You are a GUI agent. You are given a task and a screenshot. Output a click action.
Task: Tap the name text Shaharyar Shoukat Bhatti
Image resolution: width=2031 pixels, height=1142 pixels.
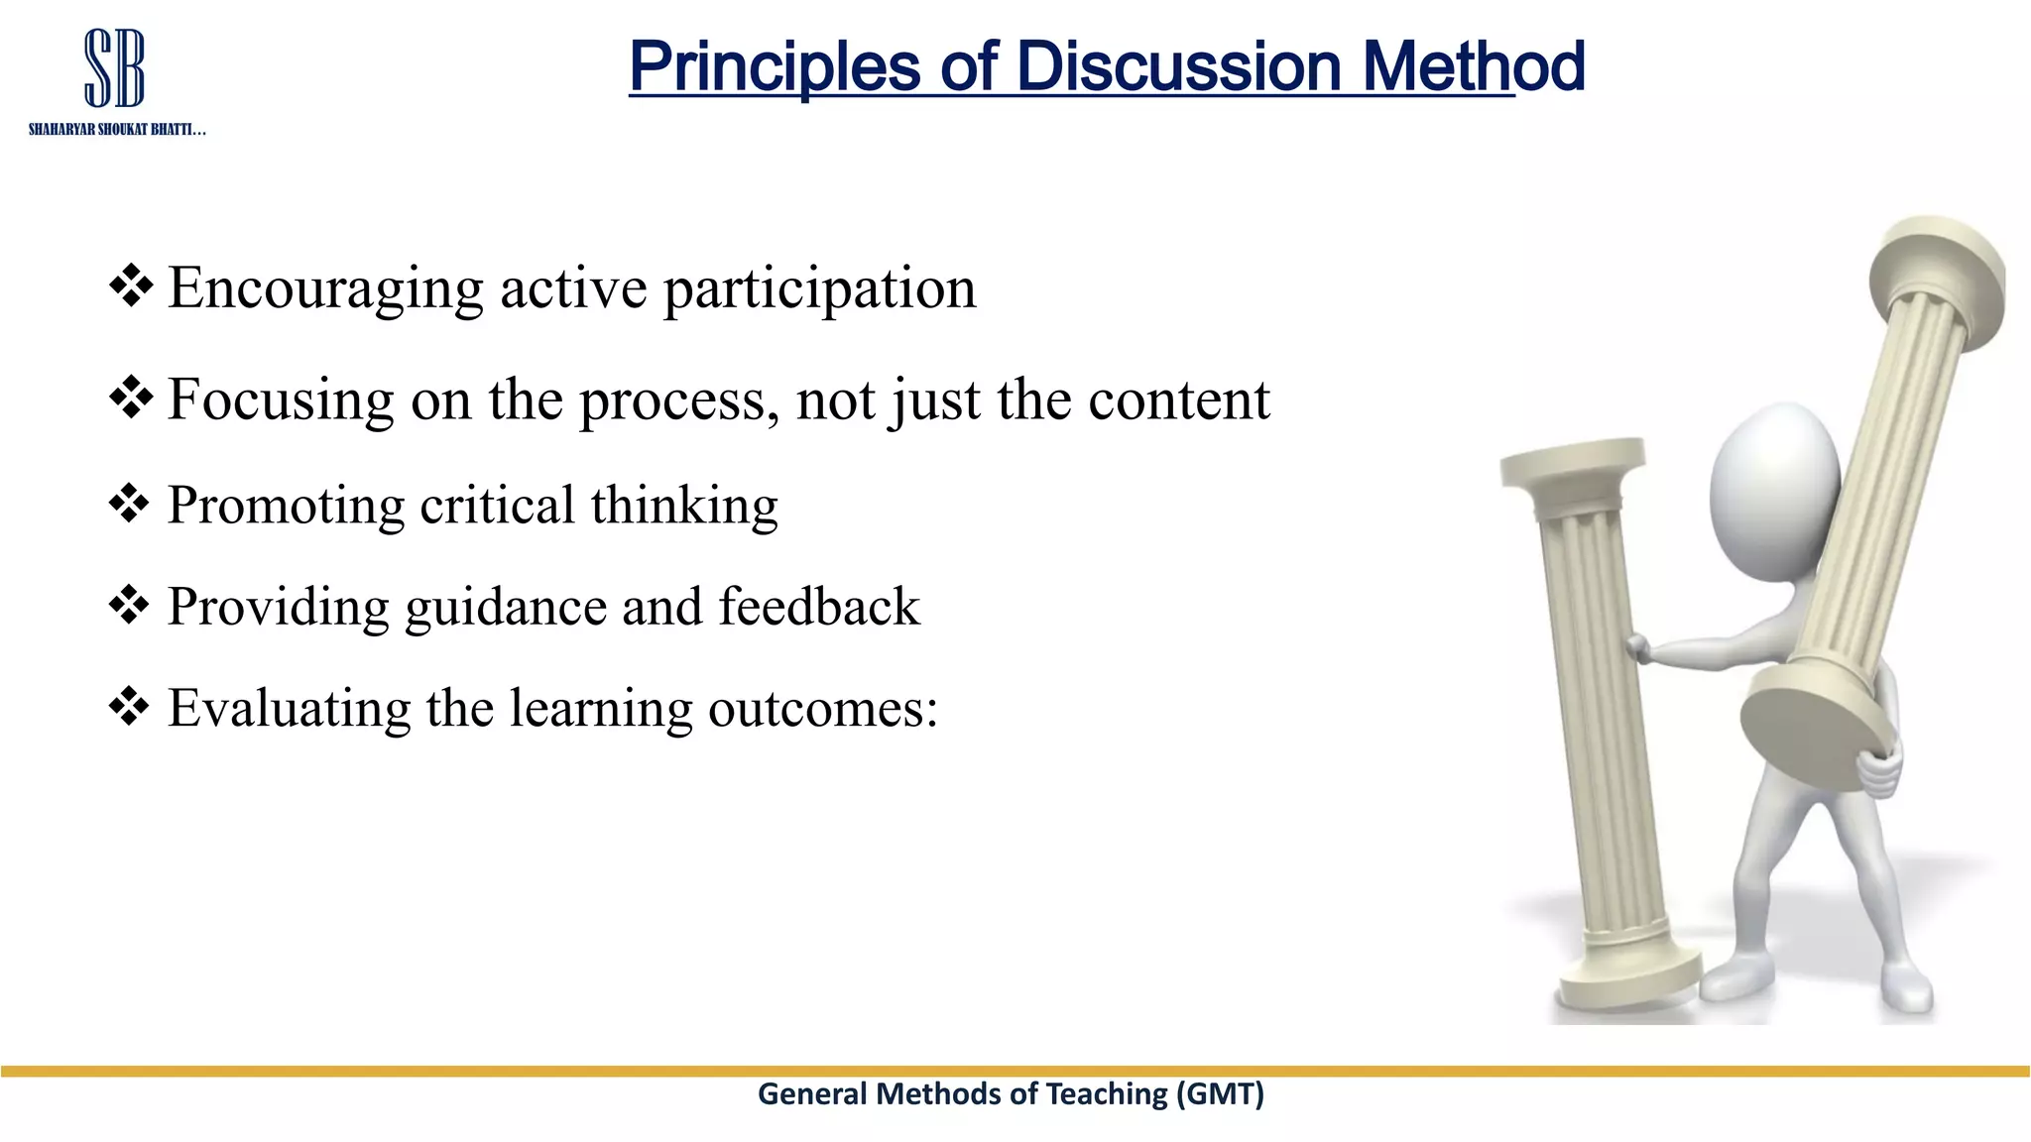click(116, 130)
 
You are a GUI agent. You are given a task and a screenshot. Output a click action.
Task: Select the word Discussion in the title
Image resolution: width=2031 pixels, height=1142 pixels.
click(1179, 66)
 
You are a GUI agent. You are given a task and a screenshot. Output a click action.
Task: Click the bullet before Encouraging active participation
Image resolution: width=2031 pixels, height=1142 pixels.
click(130, 286)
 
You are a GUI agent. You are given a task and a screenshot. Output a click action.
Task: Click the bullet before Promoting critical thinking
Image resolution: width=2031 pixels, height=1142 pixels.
click(129, 505)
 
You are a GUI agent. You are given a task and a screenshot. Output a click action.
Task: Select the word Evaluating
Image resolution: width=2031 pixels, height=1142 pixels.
click(289, 708)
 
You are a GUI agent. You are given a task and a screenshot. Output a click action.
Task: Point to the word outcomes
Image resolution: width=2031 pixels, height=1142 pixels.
click(822, 708)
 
